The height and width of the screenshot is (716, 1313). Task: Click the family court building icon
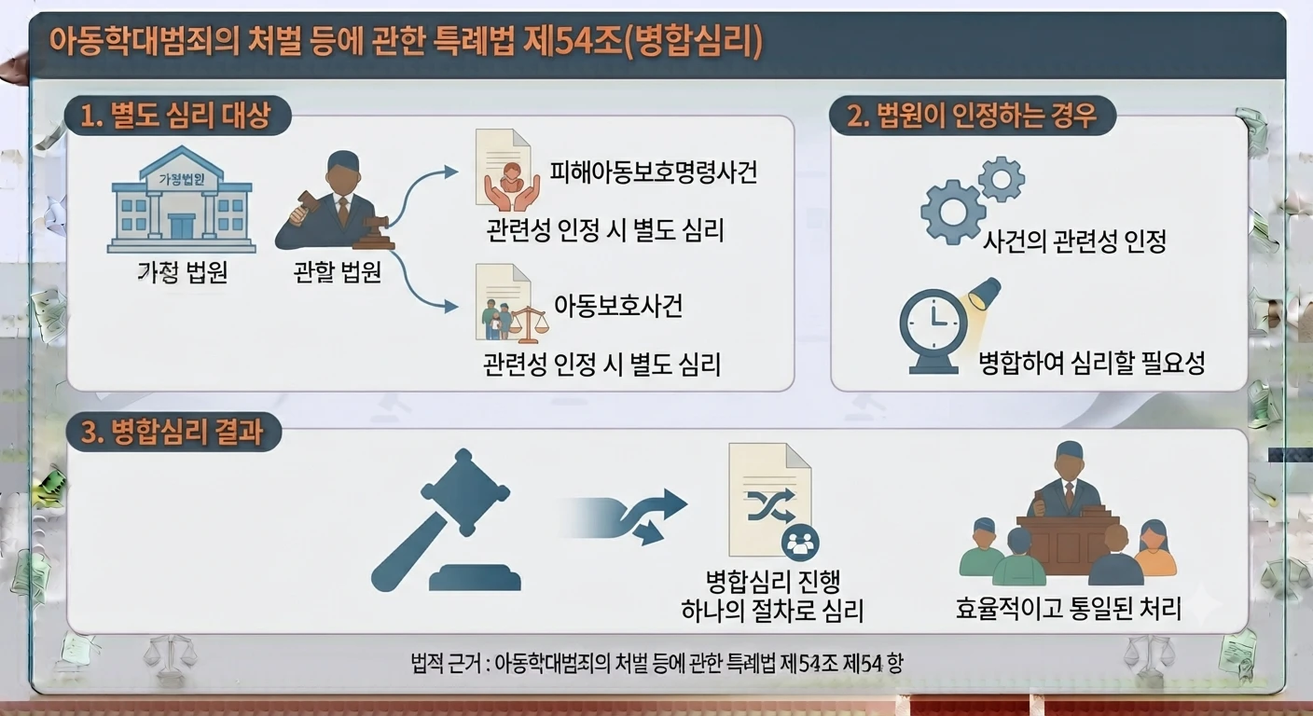pyautogui.click(x=181, y=200)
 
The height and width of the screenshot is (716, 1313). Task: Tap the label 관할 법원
pyautogui.click(x=338, y=272)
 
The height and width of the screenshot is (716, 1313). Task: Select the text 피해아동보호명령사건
pyautogui.click(x=654, y=172)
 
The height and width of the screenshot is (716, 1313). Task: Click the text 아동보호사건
pyautogui.click(x=618, y=305)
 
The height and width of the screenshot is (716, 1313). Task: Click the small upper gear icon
pyautogui.click(x=1002, y=179)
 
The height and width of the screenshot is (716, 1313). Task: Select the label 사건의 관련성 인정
pyautogui.click(x=1074, y=241)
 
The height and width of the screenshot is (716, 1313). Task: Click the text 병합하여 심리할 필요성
pyautogui.click(x=1091, y=363)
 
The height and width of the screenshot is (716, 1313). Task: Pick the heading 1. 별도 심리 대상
pyautogui.click(x=175, y=115)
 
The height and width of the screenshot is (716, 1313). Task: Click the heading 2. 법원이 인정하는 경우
pyautogui.click(x=972, y=115)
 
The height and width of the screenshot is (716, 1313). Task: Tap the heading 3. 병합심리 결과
pyautogui.click(x=172, y=432)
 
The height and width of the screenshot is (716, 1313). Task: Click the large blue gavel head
pyautogui.click(x=466, y=491)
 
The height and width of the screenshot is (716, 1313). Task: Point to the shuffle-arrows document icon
pyautogui.click(x=772, y=500)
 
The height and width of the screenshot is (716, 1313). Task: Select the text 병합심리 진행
pyautogui.click(x=773, y=581)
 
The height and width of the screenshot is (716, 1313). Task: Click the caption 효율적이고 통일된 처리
pyautogui.click(x=1068, y=608)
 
